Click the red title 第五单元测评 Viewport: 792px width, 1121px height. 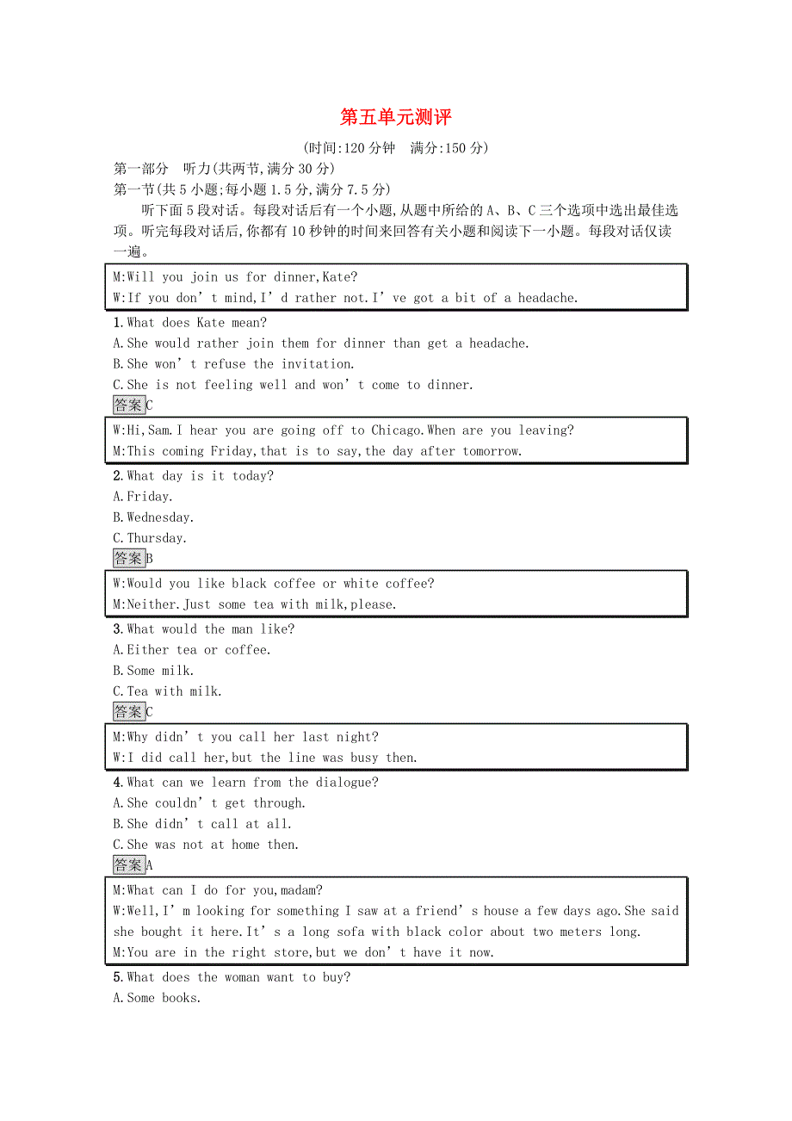coord(395,117)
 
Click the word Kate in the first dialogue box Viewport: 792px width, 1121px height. coord(337,277)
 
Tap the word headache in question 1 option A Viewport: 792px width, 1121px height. coord(496,344)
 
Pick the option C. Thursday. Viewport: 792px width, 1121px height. coord(150,538)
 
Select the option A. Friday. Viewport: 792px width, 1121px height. coord(143,497)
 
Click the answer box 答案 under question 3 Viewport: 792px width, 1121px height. coord(128,712)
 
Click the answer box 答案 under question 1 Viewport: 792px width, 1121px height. coord(128,406)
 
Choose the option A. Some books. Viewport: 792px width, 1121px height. coord(157,998)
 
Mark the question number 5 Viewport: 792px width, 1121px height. coord(117,977)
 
